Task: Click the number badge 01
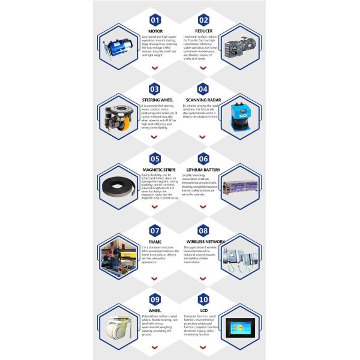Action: (x=155, y=19)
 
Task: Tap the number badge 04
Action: (x=203, y=89)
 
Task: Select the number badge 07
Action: (x=155, y=230)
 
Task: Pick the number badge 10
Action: (x=203, y=299)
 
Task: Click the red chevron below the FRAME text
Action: (x=154, y=278)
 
